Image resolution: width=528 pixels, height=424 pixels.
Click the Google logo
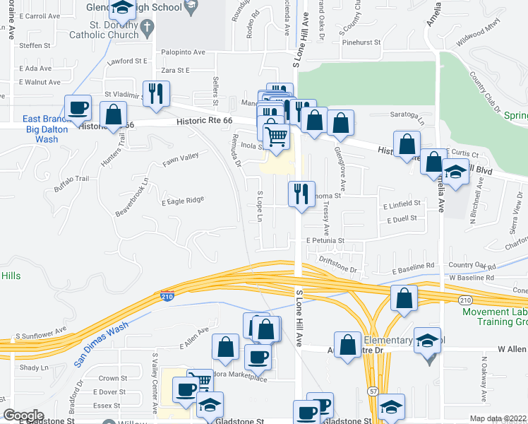tap(23, 416)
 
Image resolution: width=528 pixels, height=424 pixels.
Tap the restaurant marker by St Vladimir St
tap(156, 93)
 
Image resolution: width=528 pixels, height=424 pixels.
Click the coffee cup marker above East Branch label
tap(78, 108)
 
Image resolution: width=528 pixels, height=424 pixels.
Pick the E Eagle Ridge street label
tap(183, 200)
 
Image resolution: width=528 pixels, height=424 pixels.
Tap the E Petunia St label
tap(325, 240)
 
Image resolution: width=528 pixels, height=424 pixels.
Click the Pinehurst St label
tap(359, 42)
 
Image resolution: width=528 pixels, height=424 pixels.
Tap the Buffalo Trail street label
tap(73, 184)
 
